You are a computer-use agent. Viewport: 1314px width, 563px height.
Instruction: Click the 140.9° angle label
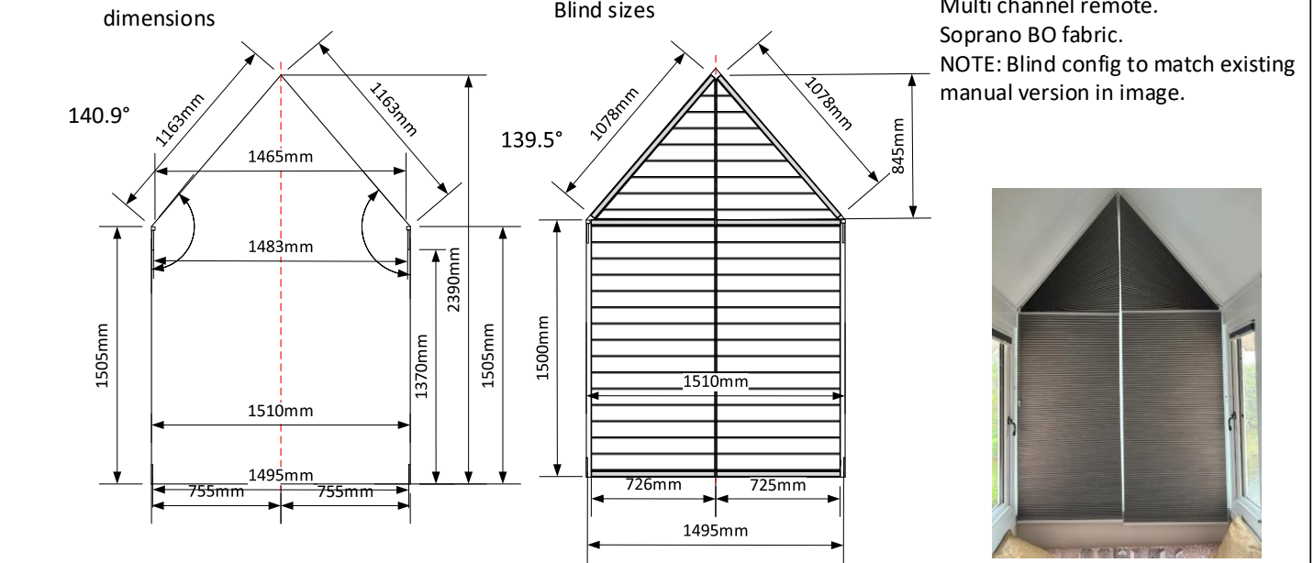point(99,116)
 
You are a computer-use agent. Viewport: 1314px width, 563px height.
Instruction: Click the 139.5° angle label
point(531,139)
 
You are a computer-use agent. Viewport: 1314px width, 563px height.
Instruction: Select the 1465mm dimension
point(281,157)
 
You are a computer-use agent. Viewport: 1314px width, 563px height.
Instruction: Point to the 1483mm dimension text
point(281,247)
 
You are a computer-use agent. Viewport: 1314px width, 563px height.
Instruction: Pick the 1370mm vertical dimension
point(421,365)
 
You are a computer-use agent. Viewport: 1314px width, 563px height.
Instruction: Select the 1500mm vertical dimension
point(542,348)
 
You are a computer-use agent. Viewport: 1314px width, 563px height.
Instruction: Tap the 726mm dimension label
point(652,484)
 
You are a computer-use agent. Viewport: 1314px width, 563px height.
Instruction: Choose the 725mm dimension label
point(777,484)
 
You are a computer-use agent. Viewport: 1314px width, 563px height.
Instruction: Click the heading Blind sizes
point(605,11)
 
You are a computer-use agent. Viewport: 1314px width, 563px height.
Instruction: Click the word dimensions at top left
point(160,17)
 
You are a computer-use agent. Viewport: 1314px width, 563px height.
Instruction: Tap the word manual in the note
point(974,93)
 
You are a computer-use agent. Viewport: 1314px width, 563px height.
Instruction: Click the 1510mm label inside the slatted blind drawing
point(715,381)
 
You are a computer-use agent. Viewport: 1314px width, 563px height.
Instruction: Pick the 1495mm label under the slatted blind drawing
point(715,530)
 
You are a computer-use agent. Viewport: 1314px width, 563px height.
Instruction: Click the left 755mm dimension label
point(217,491)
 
